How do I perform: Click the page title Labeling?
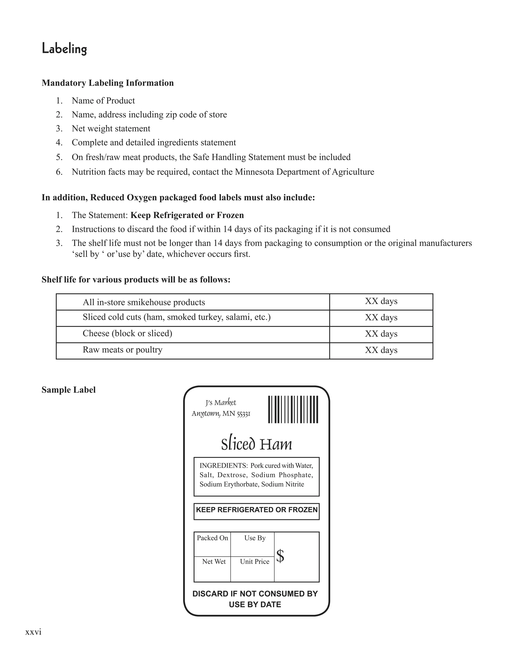(64, 49)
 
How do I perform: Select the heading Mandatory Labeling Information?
(107, 83)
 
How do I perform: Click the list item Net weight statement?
(111, 128)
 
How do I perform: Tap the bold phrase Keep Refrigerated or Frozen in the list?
(187, 215)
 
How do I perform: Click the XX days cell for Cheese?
(381, 334)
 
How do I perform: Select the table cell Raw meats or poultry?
(122, 350)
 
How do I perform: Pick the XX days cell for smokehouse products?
(381, 301)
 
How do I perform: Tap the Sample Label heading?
(69, 390)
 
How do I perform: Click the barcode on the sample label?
(293, 409)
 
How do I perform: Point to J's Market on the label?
(221, 403)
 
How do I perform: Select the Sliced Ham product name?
(256, 444)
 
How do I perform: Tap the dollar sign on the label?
(280, 556)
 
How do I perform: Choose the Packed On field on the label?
(212, 538)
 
